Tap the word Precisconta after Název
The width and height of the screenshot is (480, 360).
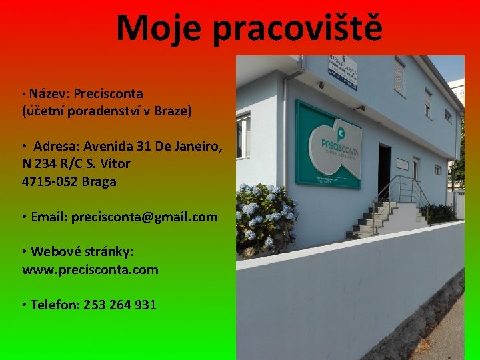pos(109,93)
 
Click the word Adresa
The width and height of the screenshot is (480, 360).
pos(58,146)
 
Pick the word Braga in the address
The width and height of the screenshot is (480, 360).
pos(99,181)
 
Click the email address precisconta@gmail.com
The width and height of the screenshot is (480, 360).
pos(144,217)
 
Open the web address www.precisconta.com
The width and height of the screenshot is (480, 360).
pos(90,269)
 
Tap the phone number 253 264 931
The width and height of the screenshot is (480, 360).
pos(120,305)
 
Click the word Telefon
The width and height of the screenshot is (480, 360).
pos(55,305)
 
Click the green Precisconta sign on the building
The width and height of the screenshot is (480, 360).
pos(328,145)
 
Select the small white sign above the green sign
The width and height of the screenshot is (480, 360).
pos(341,71)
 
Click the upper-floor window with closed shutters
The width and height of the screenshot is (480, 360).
pos(399,76)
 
